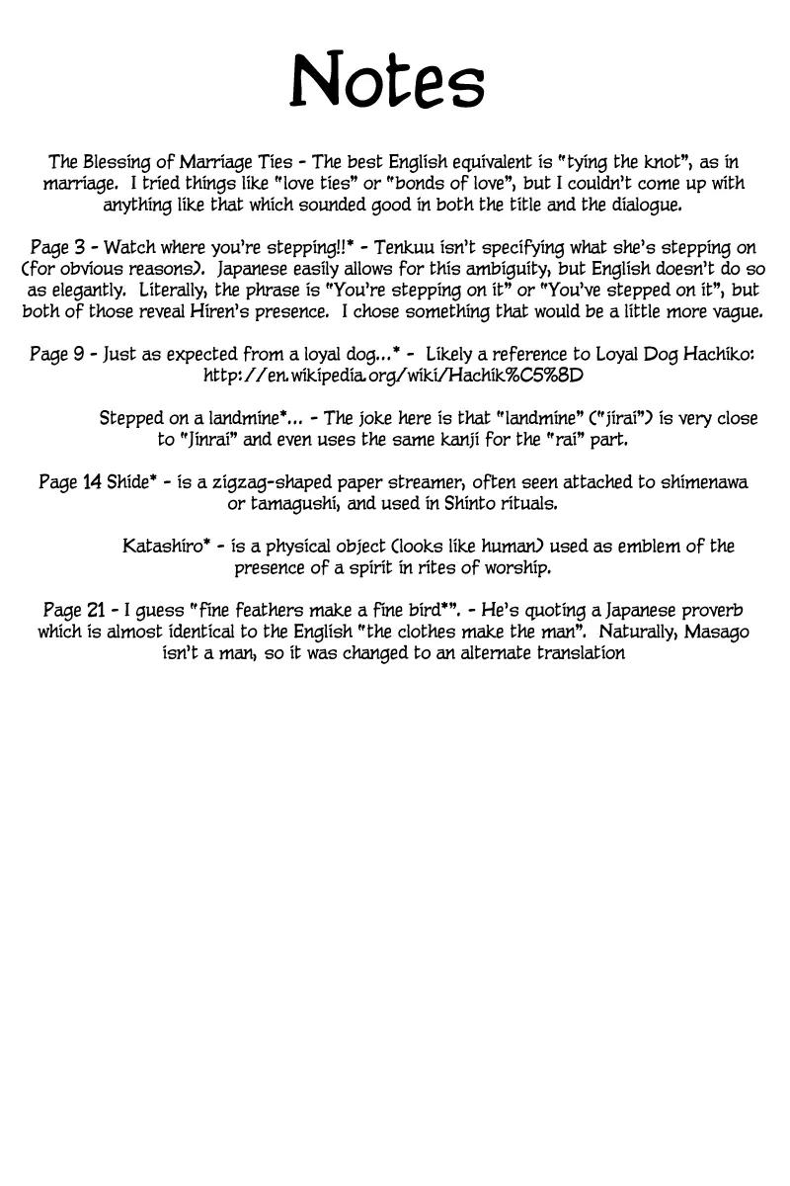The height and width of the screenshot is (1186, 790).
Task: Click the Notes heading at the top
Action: [387, 81]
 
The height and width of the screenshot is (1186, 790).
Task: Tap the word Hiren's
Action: [393, 311]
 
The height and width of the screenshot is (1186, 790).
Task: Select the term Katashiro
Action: [166, 547]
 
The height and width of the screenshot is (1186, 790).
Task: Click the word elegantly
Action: [86, 291]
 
